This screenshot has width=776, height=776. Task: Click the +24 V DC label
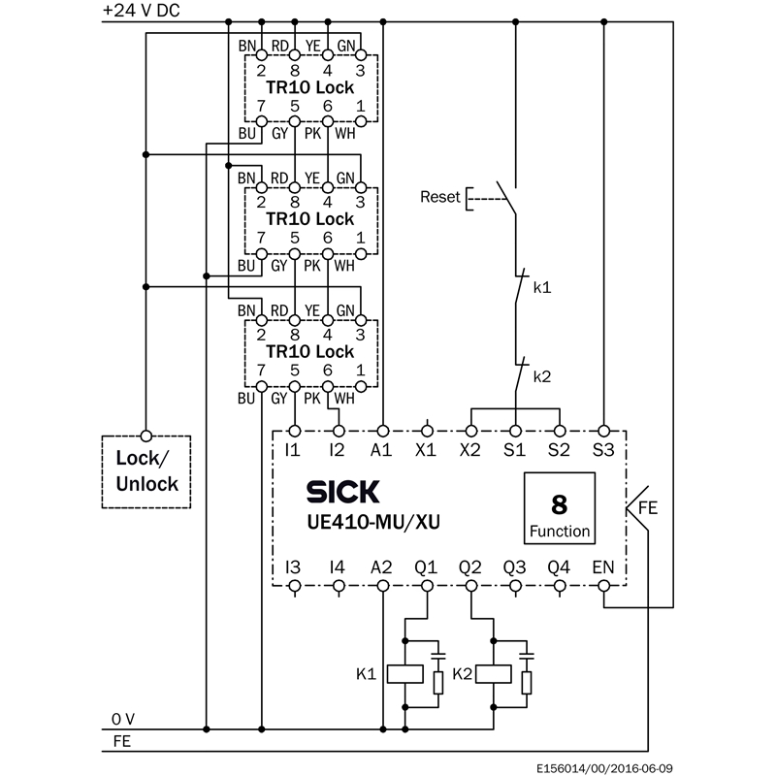[x=143, y=11]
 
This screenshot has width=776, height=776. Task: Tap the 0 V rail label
[x=123, y=719]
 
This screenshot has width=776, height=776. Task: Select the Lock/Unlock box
[x=146, y=470]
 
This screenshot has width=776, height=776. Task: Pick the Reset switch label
[x=439, y=197]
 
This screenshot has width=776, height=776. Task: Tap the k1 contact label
[x=542, y=288]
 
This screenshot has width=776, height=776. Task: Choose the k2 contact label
[x=542, y=376]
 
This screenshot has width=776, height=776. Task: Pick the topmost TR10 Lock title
[x=310, y=87]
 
